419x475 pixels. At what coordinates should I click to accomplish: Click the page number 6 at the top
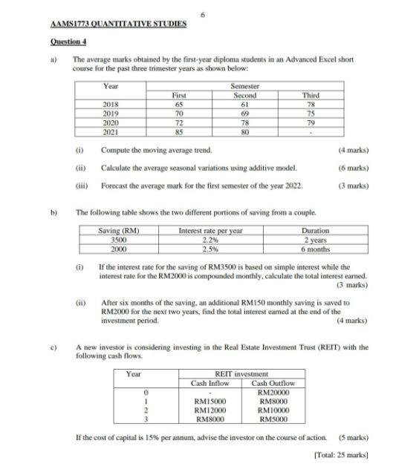(x=202, y=13)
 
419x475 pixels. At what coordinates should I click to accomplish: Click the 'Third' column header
(x=310, y=96)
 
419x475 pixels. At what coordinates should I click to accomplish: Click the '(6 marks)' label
(x=351, y=168)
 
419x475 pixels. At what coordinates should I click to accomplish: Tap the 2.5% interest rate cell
(x=211, y=248)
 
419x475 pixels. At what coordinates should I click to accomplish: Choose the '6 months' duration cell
(x=322, y=248)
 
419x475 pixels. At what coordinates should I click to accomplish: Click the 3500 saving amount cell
(x=118, y=239)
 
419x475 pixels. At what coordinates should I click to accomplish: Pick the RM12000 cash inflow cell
(x=209, y=410)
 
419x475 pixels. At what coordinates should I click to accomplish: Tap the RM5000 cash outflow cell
(x=274, y=419)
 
